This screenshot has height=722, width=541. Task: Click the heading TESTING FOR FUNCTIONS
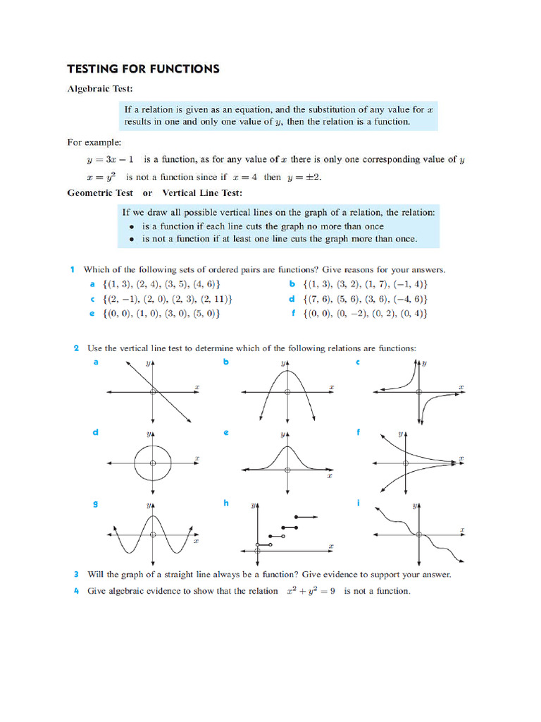pos(143,69)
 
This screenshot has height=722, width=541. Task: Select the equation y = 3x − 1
pos(111,160)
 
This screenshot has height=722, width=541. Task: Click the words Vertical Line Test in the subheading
pos(202,192)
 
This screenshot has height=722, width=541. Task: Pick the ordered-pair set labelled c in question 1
pos(166,299)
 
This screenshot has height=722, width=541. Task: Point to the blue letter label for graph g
pos(95,503)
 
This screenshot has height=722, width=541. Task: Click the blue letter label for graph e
pos(226,432)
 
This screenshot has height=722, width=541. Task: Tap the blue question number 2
pos(75,348)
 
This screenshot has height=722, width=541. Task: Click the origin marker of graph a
pos(153,392)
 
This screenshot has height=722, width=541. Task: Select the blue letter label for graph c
pos(357,362)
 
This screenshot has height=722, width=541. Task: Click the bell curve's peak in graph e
pos(286,446)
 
